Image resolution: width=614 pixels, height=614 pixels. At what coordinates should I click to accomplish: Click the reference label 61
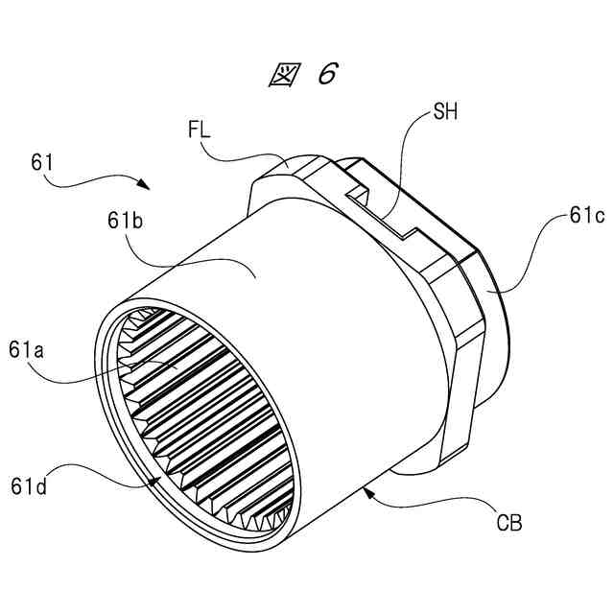[x=42, y=162]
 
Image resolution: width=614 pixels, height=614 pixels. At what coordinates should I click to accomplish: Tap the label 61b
[x=126, y=221]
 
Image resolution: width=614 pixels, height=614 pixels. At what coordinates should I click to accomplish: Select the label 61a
[x=26, y=349]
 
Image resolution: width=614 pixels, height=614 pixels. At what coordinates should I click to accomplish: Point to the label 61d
[x=29, y=486]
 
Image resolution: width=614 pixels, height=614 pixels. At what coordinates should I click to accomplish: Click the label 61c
[x=587, y=215]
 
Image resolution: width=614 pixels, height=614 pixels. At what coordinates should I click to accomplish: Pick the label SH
[x=445, y=112]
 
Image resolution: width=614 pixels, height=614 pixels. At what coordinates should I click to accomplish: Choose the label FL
[x=199, y=130]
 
